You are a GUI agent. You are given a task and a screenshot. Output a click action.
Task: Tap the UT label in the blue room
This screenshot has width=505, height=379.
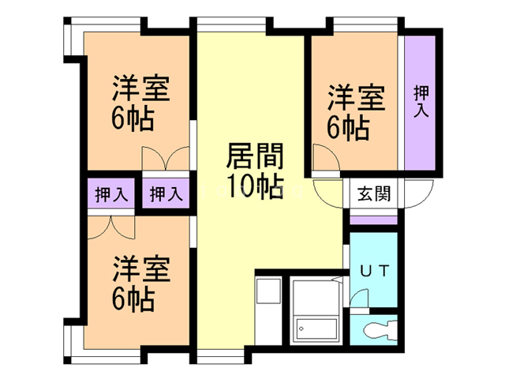(374, 270)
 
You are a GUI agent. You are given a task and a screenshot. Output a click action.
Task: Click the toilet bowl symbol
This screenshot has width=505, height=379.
(381, 328)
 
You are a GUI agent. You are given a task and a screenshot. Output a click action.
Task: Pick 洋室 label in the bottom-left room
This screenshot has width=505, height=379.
(140, 268)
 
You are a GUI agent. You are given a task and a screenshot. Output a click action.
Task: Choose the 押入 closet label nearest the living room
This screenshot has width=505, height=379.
(166, 194)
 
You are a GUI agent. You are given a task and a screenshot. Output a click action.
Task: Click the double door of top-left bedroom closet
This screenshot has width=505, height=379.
(165, 159)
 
